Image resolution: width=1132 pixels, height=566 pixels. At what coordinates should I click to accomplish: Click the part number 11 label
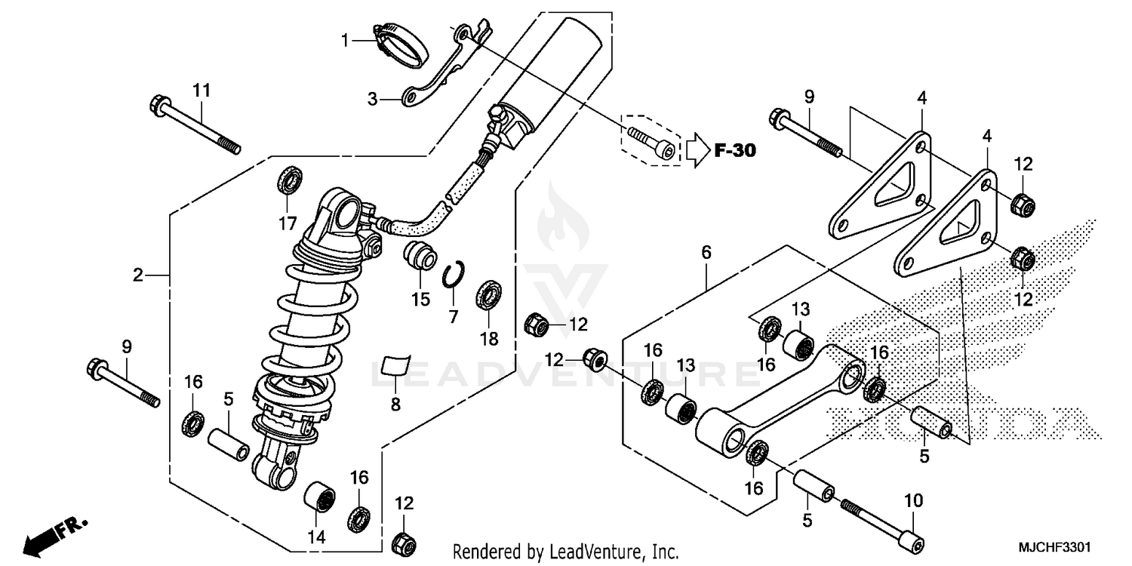tap(200, 91)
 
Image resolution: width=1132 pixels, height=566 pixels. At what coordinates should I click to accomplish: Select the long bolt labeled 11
tap(195, 124)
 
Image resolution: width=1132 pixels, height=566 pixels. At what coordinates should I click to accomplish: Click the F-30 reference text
tap(734, 151)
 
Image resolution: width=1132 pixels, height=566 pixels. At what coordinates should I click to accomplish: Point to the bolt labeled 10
tap(879, 521)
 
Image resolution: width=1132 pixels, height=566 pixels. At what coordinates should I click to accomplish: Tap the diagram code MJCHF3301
tap(1054, 545)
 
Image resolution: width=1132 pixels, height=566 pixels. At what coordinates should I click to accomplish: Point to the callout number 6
tap(706, 253)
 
